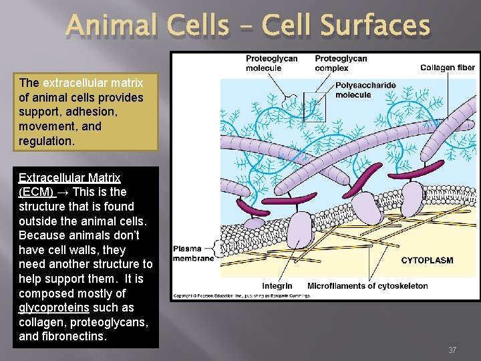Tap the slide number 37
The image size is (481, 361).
point(452,350)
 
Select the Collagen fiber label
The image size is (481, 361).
point(448,68)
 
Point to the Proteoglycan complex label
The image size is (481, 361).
point(341,63)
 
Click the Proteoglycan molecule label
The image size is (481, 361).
point(271,63)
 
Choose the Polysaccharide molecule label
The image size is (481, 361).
point(365,90)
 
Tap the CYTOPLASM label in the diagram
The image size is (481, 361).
point(426,260)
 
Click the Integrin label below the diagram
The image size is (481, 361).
point(277,286)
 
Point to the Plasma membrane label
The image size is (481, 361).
point(193,253)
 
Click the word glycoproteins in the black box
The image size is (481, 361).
point(46,308)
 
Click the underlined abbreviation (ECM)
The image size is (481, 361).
point(37,193)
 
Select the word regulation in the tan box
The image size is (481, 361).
point(46,141)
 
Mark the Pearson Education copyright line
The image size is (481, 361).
point(242,295)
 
